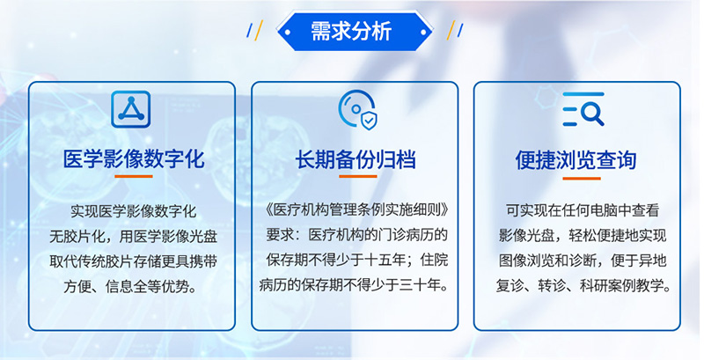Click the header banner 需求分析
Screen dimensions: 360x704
[x=351, y=32]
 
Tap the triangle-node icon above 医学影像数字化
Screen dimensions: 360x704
[x=131, y=109]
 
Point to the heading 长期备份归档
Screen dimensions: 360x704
[x=356, y=159]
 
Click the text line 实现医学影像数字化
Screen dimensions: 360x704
[x=134, y=211]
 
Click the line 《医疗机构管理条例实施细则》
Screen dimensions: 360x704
[x=356, y=211]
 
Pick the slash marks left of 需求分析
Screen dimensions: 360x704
[x=254, y=31]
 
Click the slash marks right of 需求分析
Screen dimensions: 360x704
[x=455, y=31]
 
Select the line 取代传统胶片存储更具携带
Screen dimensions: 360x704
[x=134, y=261]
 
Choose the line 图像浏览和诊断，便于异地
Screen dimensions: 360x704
[x=577, y=261]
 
